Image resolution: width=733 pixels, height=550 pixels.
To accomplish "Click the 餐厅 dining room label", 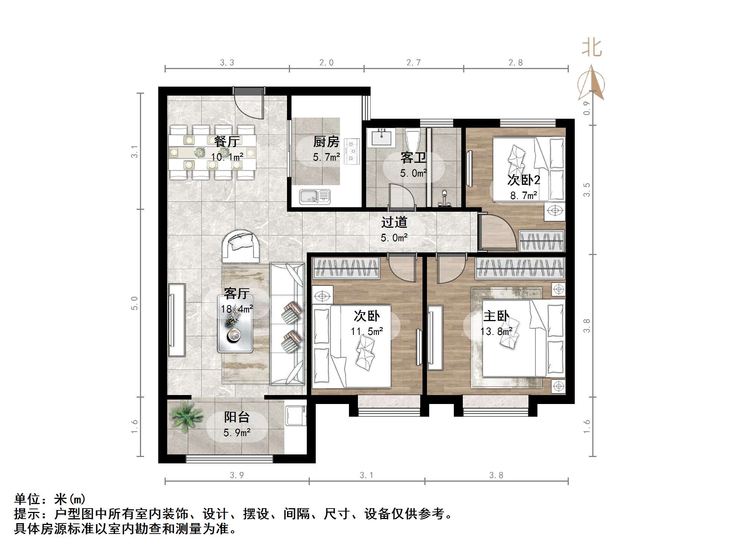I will [227, 142].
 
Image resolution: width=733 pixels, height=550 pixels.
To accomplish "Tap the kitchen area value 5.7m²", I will [326, 157].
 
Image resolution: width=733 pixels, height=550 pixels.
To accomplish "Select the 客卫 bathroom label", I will [413, 158].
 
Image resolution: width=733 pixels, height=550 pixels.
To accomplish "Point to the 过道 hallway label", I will [394, 223].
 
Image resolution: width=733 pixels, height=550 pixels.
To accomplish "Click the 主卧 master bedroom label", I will [496, 316].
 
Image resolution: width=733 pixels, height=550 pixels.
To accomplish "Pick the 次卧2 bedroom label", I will [524, 180].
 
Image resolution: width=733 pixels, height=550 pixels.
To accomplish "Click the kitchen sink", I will [315, 197].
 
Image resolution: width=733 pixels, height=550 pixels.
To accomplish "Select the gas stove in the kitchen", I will [352, 151].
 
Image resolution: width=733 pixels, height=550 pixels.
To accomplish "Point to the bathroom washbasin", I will [381, 137].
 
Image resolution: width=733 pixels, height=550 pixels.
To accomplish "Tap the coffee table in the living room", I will [235, 323].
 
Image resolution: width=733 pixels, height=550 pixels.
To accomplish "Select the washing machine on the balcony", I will [296, 415].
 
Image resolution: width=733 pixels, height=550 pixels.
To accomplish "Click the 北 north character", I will [592, 48].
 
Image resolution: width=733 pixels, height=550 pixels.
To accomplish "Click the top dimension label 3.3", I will [227, 63].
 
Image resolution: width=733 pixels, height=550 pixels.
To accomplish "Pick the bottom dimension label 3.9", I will [237, 475].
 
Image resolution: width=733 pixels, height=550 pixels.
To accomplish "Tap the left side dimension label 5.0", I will [135, 303].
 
